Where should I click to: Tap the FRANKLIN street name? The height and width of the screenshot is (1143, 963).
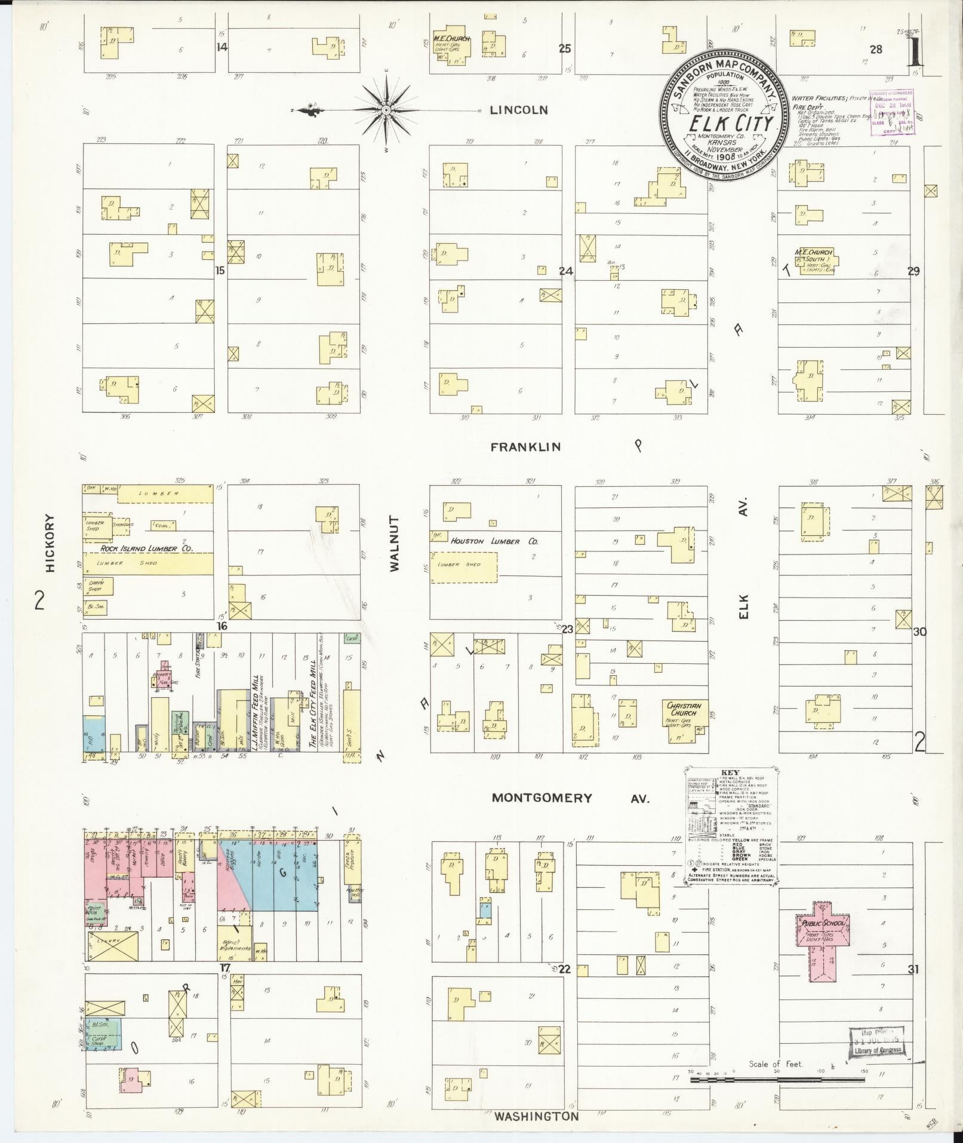click(526, 447)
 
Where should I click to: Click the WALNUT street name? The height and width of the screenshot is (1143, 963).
click(394, 544)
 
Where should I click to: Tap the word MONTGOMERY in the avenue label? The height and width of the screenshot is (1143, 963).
click(542, 798)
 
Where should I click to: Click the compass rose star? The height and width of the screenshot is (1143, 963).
click(386, 111)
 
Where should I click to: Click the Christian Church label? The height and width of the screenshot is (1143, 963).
click(684, 709)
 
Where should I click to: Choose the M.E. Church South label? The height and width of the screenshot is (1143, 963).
click(812, 256)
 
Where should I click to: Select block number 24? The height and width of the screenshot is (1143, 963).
click(565, 271)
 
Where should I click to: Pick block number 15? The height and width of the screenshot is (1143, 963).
click(220, 271)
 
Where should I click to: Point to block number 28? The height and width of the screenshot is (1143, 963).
click(875, 50)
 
